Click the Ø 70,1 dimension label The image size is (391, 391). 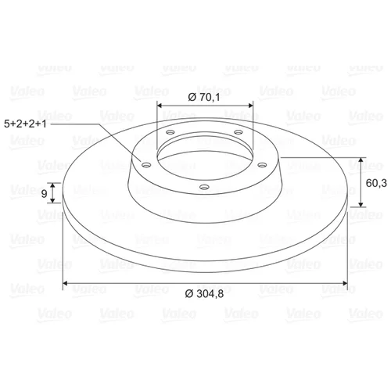[x=204, y=97]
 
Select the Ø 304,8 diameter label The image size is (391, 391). [x=204, y=294]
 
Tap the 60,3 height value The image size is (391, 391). [x=376, y=183]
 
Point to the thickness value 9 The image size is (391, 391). [x=44, y=194]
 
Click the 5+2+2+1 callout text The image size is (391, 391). [x=25, y=124]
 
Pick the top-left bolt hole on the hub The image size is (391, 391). [x=170, y=132]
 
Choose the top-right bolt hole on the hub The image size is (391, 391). [x=239, y=132]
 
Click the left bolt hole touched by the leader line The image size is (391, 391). [x=146, y=165]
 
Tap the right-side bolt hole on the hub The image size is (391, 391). [x=262, y=165]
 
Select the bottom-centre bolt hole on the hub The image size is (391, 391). [x=204, y=187]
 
